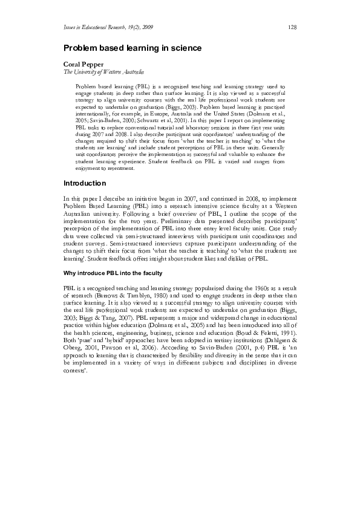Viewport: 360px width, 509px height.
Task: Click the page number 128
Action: [292, 27]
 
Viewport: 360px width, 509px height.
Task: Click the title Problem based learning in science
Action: [133, 47]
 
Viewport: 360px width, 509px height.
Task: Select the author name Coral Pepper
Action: [84, 63]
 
